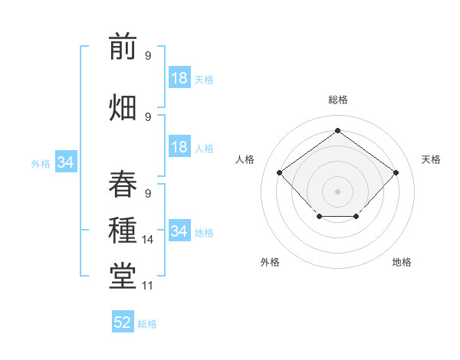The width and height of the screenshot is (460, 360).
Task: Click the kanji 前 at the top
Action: [x=123, y=47]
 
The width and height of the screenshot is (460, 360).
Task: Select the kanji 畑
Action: [x=123, y=106]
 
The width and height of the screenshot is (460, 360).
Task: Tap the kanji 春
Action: [x=123, y=183]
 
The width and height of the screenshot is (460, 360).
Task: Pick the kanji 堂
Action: [x=123, y=277]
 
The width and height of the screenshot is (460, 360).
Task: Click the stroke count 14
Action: [x=148, y=240]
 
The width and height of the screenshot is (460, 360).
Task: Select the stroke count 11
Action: [x=148, y=286]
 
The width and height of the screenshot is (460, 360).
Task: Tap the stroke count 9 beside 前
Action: [x=148, y=56]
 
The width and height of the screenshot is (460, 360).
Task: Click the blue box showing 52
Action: [x=123, y=322]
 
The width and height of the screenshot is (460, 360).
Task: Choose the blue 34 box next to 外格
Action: [x=65, y=162]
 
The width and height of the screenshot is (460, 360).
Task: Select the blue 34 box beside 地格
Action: [x=179, y=231]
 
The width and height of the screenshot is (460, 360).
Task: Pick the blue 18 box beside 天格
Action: [x=179, y=78]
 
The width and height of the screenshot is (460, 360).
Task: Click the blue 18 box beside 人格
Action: [x=179, y=147]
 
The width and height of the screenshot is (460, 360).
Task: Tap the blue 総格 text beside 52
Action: [x=147, y=324]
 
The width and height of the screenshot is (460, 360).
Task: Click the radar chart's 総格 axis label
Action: [x=337, y=100]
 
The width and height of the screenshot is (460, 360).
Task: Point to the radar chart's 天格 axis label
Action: [x=431, y=159]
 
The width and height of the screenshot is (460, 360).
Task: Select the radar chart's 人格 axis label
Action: [x=245, y=159]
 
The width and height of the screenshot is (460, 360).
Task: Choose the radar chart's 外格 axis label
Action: [x=270, y=262]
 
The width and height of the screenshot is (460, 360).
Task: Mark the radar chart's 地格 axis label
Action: [x=402, y=262]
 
